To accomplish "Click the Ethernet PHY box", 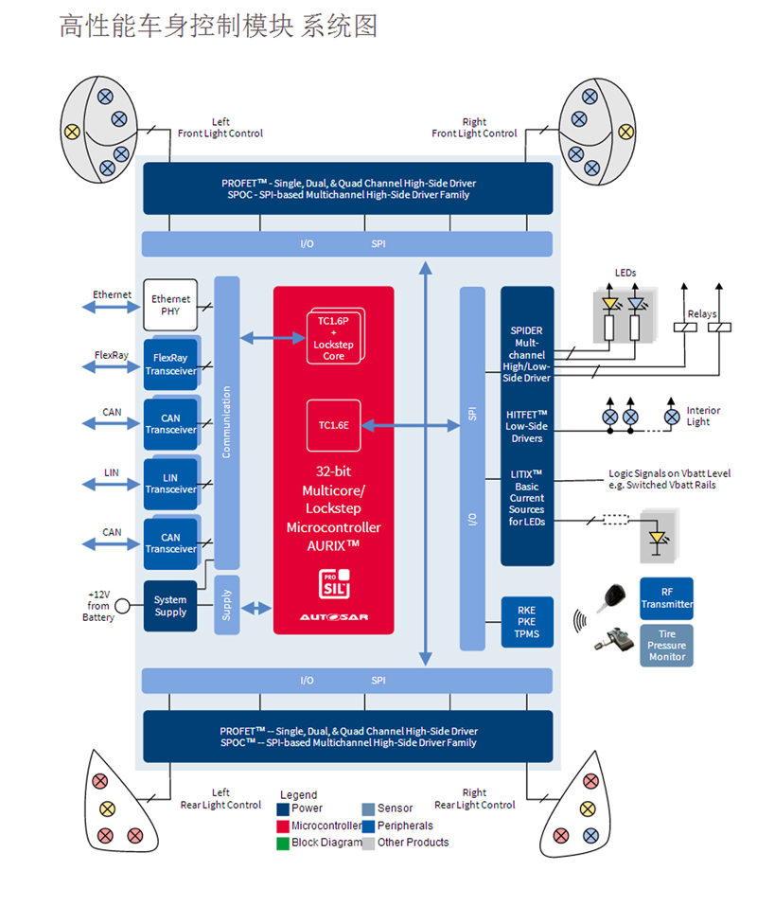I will (x=170, y=305).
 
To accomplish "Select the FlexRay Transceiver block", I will (x=170, y=364).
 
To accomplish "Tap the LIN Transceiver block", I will (x=170, y=483).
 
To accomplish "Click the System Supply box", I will (x=170, y=606).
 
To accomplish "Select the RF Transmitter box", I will (x=666, y=598).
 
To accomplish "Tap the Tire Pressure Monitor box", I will (x=666, y=645).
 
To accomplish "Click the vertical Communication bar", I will (x=227, y=422).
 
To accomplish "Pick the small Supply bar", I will (x=227, y=605).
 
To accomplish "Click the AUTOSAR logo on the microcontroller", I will (x=334, y=617).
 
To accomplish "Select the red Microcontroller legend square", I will (x=283, y=826).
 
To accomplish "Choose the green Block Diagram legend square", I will (x=283, y=843).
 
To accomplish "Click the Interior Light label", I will (x=703, y=417).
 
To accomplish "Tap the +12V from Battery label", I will (x=98, y=606).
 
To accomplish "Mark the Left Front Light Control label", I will (x=220, y=128).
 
